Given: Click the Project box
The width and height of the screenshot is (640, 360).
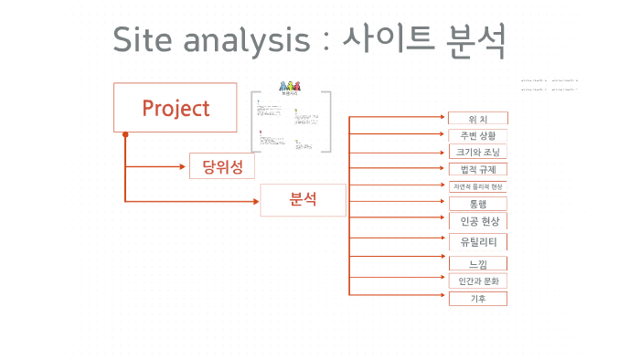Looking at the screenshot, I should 176,108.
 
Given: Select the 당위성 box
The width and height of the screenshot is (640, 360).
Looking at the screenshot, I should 221,166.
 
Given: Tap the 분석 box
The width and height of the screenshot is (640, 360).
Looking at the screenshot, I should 303,199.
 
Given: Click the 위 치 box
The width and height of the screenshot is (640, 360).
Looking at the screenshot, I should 477,119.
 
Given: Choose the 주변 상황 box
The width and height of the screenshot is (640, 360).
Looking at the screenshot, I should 477,135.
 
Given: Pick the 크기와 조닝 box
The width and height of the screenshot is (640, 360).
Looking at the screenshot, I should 477,152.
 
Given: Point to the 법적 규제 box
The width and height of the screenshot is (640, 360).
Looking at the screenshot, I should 477,169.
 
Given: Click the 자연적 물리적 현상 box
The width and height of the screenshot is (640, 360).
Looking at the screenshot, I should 477,186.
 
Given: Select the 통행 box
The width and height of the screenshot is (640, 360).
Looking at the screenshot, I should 477,203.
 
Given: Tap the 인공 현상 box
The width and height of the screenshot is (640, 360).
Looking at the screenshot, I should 477,221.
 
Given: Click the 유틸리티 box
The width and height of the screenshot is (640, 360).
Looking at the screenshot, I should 477,242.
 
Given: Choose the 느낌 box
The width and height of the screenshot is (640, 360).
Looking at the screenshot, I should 477,263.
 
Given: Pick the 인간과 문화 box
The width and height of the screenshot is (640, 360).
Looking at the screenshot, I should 477,281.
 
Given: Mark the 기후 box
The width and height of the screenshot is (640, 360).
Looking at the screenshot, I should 477,298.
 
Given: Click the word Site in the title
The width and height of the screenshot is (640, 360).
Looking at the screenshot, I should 144,40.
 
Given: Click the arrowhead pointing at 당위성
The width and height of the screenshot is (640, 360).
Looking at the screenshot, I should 184,166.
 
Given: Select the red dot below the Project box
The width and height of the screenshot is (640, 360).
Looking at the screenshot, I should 125,135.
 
